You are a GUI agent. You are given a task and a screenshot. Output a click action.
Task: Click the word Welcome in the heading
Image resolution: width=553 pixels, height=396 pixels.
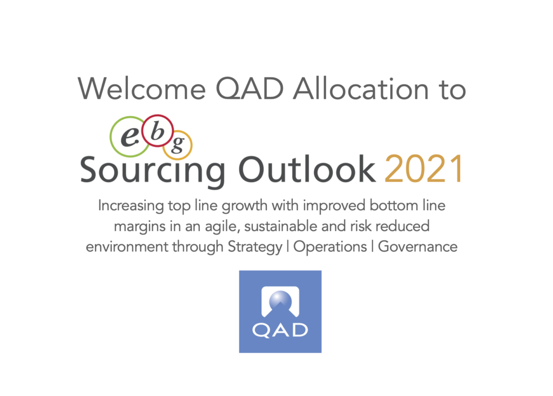point(142,89)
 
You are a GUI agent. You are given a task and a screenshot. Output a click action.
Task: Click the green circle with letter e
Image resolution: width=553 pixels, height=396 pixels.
point(129,137)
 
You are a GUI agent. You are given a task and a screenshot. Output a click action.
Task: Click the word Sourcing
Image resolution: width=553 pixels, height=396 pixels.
point(152,171)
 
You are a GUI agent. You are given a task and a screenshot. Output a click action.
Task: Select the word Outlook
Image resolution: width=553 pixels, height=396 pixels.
point(307,169)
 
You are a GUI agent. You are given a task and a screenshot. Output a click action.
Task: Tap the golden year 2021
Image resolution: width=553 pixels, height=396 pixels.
point(423,169)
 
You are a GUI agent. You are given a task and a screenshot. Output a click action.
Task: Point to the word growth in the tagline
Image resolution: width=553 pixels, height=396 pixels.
point(245,206)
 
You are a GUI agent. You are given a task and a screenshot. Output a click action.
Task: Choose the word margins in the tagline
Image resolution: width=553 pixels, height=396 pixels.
point(140,226)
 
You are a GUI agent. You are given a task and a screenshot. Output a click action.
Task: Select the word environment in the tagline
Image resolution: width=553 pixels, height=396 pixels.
point(127,247)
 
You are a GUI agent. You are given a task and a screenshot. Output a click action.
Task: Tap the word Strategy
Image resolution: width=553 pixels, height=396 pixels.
point(255,247)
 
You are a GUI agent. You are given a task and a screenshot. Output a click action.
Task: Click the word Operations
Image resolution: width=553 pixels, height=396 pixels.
point(330,247)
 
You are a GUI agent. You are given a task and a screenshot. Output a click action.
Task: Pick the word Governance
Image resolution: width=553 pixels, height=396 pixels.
point(417,246)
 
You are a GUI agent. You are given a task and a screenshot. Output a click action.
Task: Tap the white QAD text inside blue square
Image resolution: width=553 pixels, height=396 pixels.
point(280,330)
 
